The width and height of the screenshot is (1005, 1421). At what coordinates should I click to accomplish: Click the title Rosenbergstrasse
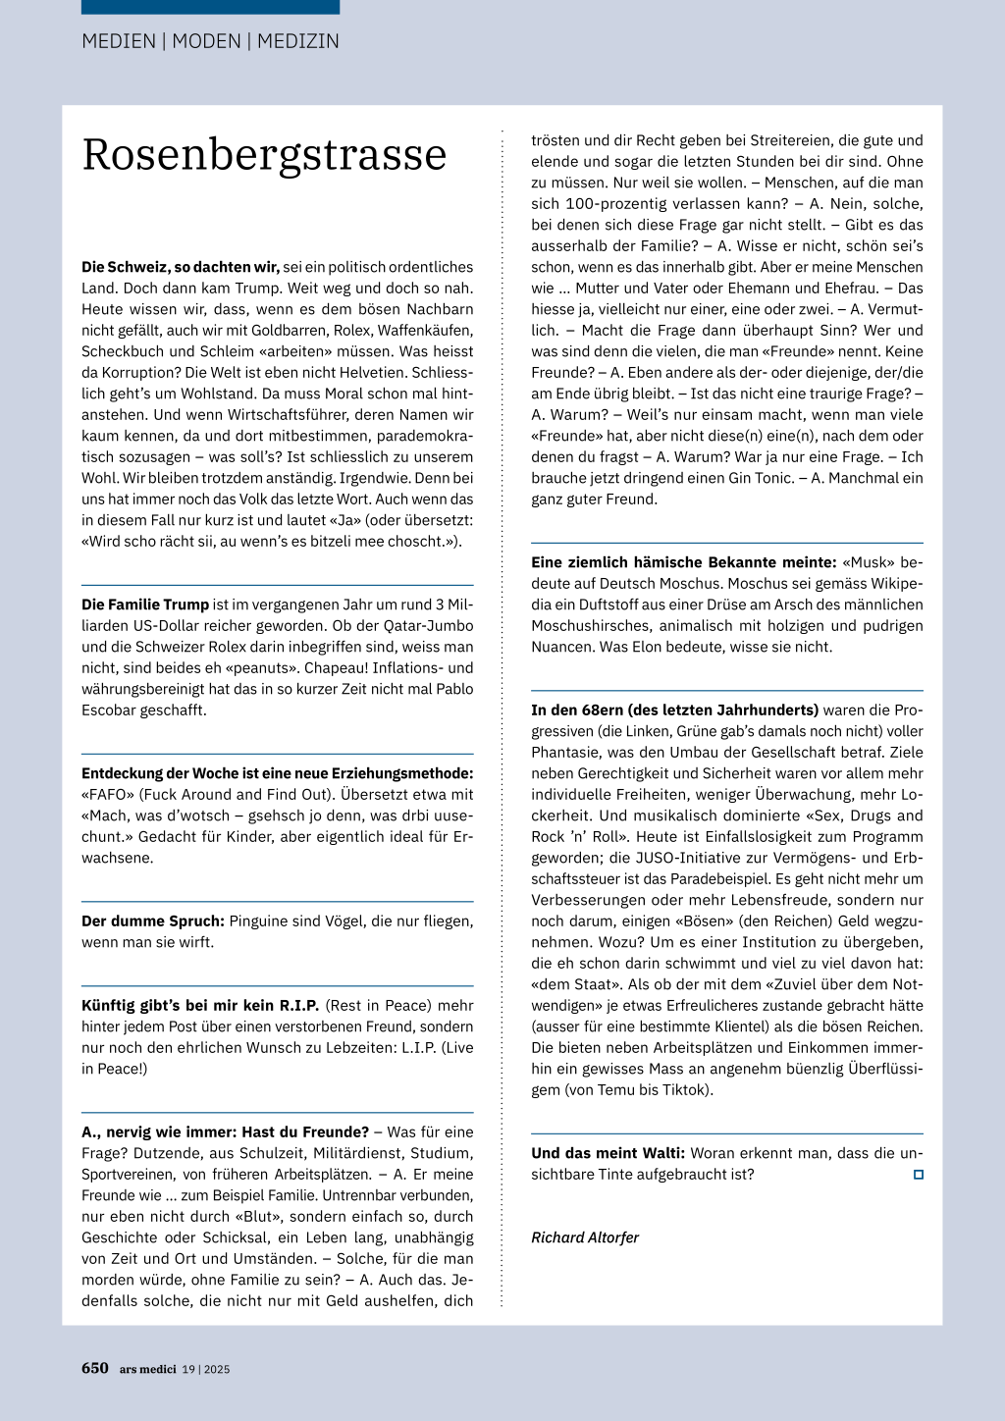[264, 155]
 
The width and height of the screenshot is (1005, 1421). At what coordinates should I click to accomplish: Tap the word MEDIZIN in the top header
[298, 41]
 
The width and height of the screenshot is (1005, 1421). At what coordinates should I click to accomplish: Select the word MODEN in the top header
[206, 41]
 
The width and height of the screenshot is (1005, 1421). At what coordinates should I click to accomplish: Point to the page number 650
[95, 1368]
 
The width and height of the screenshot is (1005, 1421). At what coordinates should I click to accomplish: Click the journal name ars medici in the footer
[148, 1369]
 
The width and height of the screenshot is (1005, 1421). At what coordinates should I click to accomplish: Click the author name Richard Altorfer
[585, 1237]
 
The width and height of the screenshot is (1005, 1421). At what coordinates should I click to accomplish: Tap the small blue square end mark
[919, 1175]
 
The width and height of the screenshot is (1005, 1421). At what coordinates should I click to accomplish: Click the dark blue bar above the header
[210, 7]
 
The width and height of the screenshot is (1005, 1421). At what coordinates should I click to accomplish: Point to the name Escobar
[110, 710]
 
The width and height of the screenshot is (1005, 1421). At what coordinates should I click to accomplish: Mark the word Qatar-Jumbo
[430, 626]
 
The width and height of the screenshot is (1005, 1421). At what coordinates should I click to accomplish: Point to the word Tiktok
[684, 1090]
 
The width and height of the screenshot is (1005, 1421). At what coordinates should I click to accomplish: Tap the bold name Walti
[663, 1153]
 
